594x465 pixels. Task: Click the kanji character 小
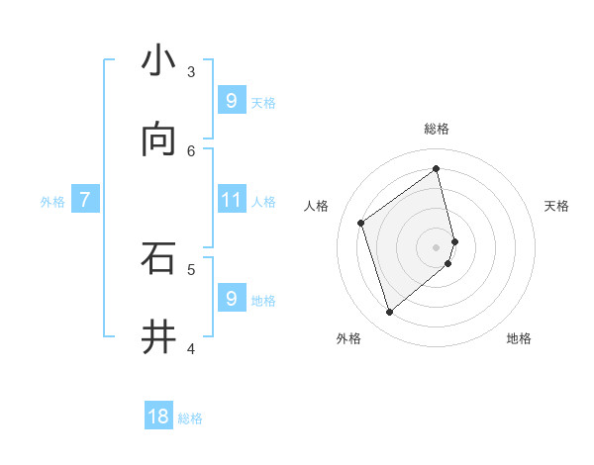[158, 61]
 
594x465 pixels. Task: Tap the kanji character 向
[158, 140]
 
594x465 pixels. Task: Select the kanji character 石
[158, 258]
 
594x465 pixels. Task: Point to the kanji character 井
[158, 337]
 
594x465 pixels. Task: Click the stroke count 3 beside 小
[191, 72]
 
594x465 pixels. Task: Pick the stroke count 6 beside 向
[191, 150]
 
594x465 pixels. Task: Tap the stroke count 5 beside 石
[191, 268]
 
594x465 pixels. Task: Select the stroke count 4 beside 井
[191, 347]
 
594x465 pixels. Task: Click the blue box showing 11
[231, 200]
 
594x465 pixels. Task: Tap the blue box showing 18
[158, 417]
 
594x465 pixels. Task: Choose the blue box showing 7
[85, 200]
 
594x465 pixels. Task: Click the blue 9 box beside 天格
[231, 101]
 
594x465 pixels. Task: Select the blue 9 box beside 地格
[231, 298]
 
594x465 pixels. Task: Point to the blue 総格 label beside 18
[190, 418]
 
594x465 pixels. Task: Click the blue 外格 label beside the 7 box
[52, 201]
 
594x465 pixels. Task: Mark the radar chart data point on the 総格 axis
[437, 168]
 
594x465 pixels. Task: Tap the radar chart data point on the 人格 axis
[361, 223]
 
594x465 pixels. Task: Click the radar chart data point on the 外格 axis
[389, 313]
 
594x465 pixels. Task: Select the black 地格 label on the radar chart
[519, 338]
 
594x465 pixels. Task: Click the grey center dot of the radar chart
[437, 246]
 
